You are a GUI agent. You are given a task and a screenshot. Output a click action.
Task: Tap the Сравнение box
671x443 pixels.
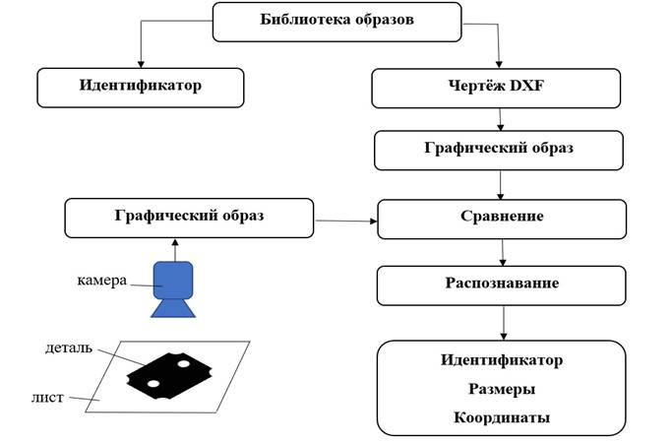(501, 218)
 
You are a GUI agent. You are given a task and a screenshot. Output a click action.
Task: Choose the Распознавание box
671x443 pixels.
(501, 285)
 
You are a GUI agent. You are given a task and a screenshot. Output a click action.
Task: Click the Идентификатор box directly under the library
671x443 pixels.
(141, 87)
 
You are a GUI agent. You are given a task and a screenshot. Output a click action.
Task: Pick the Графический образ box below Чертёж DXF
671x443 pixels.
(499, 151)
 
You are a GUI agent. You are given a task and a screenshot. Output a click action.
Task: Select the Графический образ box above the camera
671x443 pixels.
(188, 216)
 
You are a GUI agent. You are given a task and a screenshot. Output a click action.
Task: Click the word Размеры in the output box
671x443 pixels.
(501, 389)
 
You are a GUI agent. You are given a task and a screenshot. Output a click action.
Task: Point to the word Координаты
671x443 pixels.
(501, 417)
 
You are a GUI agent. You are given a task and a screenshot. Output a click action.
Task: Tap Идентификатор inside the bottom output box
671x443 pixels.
(501, 359)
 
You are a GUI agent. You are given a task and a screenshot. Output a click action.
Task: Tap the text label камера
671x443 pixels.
(102, 281)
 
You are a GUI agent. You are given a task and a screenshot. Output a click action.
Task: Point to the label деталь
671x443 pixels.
(68, 348)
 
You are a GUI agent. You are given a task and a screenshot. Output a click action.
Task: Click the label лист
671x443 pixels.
(47, 397)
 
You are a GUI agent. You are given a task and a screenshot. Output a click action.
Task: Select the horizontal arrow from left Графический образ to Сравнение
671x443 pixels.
(344, 221)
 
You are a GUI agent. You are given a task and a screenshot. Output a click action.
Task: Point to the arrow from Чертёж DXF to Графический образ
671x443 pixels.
(502, 119)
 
